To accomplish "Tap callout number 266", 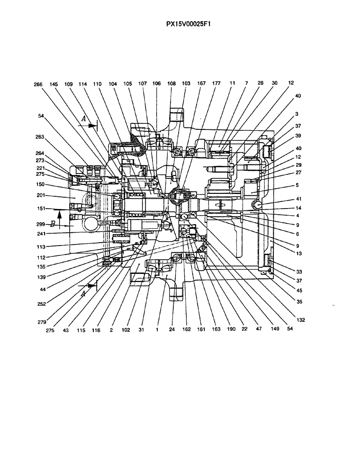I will click(x=38, y=84).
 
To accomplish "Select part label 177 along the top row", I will click(x=216, y=83).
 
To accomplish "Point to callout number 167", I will click(x=201, y=83).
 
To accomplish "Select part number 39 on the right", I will click(x=297, y=135).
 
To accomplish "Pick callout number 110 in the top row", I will click(x=98, y=83).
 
